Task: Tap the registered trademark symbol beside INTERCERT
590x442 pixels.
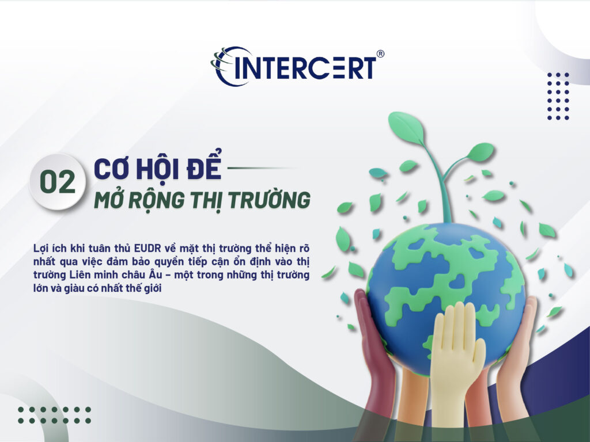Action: pyautogui.click(x=380, y=54)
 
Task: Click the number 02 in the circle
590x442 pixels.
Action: pyautogui.click(x=58, y=182)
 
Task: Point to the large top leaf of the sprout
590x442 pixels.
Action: pyautogui.click(x=406, y=128)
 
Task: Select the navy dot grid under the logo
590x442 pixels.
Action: pyautogui.click(x=558, y=96)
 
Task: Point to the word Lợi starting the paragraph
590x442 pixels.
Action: pyautogui.click(x=41, y=248)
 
